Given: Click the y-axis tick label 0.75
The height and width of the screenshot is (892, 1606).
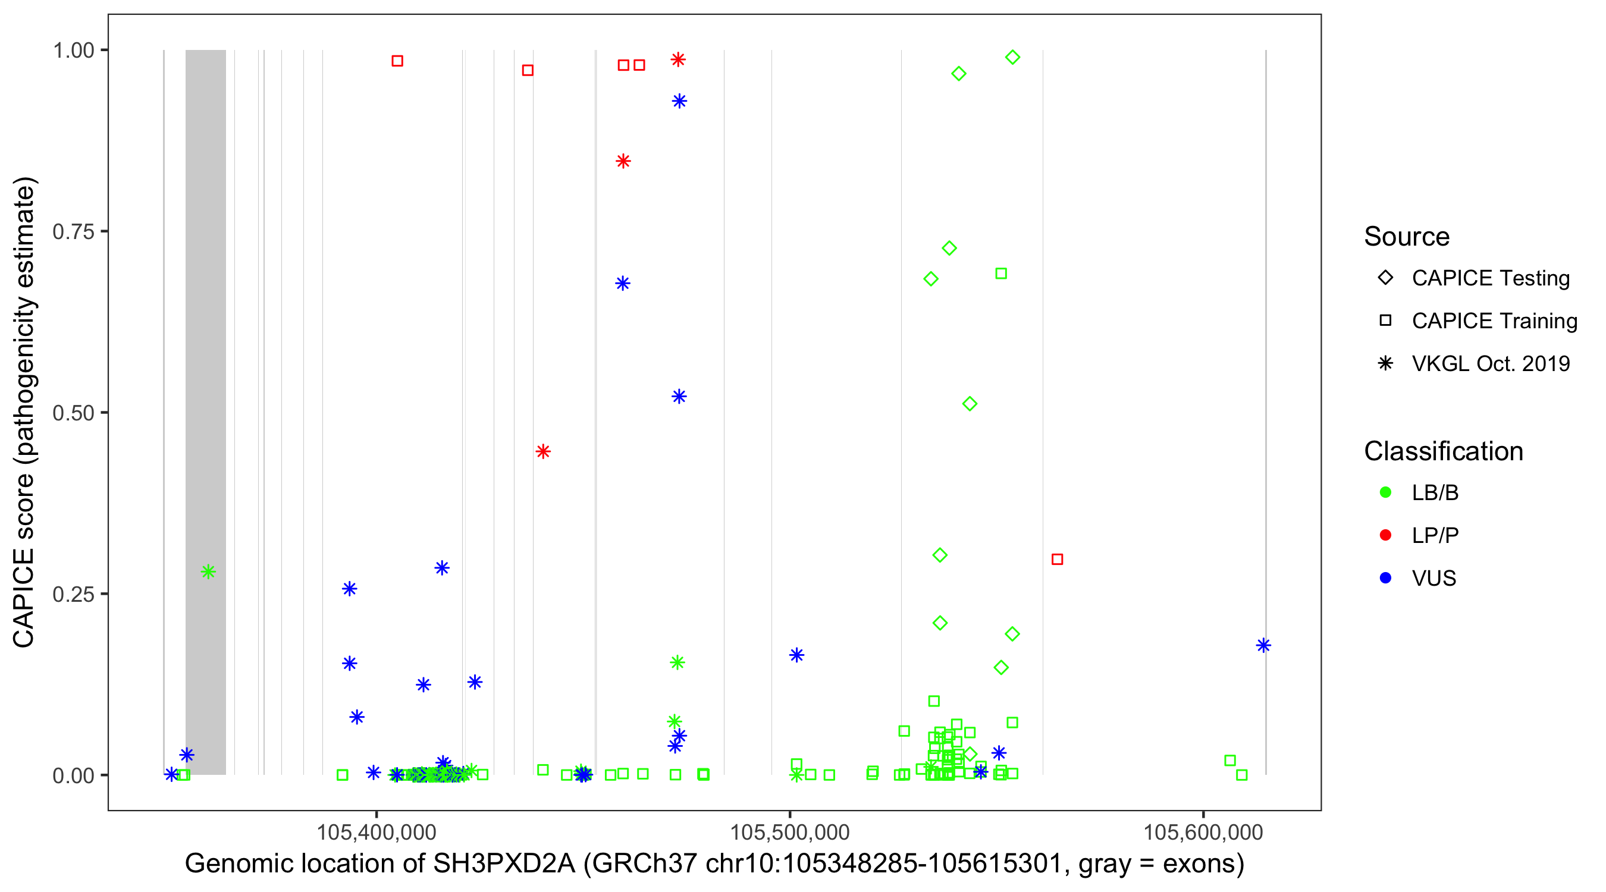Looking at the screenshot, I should click(x=73, y=232).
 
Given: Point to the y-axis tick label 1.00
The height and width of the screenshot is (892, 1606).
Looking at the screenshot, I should click(x=73, y=51).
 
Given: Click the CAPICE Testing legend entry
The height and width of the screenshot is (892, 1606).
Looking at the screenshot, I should click(x=1490, y=278).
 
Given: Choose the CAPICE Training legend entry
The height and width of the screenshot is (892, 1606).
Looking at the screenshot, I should click(x=1494, y=321).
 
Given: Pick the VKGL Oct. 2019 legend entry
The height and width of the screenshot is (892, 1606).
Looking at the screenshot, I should click(x=1490, y=363).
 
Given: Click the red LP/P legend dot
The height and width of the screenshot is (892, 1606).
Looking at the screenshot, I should click(x=1385, y=535).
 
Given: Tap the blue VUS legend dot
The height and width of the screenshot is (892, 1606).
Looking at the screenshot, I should click(x=1385, y=579).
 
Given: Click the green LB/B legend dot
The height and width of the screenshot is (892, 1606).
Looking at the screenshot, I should click(x=1385, y=492).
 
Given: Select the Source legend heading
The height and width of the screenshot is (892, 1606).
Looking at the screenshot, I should click(x=1407, y=237).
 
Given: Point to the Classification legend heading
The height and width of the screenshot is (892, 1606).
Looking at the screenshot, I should click(x=1443, y=451).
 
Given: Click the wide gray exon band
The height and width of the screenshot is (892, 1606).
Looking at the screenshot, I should click(x=206, y=374).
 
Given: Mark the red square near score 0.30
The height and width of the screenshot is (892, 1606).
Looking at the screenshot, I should click(x=1057, y=559).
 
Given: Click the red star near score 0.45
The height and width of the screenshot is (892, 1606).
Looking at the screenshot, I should click(x=543, y=451).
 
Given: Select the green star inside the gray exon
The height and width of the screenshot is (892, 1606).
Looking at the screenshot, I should click(x=208, y=571).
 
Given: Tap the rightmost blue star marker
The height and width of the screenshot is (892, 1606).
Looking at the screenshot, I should click(x=1263, y=645).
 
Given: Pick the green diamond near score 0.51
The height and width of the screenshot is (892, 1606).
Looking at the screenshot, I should click(x=970, y=404).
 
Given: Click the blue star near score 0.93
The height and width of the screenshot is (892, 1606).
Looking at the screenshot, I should click(x=679, y=101).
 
